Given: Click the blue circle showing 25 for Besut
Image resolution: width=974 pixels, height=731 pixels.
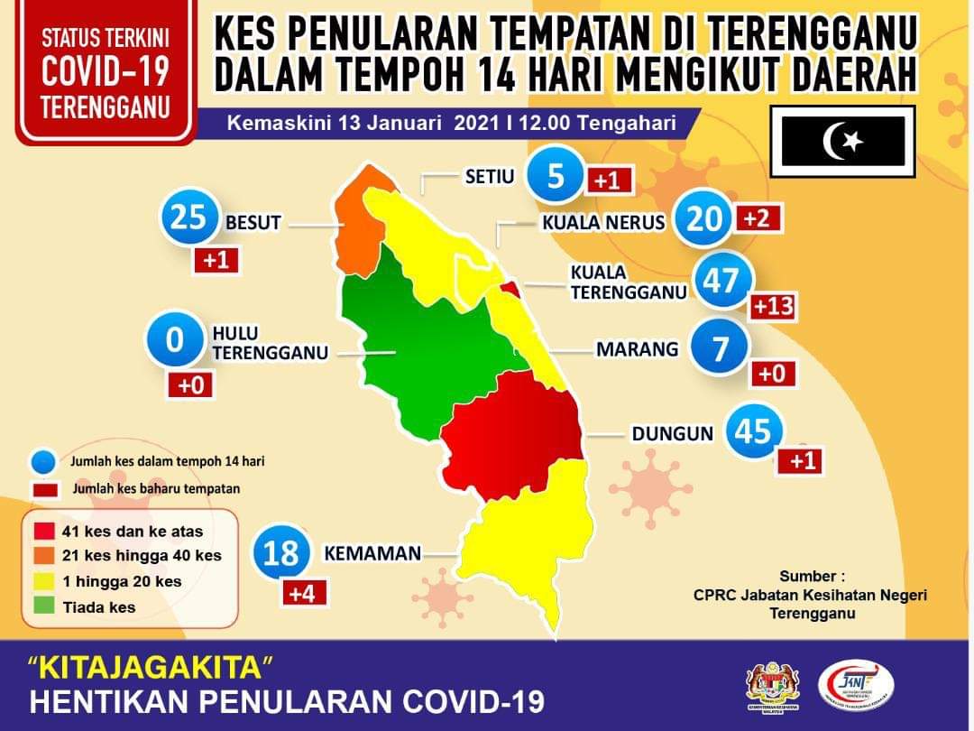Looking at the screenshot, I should (189, 219).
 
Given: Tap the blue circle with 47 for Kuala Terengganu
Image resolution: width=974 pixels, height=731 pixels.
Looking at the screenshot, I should (721, 282).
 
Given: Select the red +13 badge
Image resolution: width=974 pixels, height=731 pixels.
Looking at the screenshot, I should (773, 306).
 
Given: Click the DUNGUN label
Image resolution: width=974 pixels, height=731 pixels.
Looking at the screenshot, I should (672, 434).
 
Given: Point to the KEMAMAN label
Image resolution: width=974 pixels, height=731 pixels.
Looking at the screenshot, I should (372, 552).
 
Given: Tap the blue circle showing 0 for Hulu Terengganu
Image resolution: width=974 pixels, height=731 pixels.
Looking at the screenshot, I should (175, 341).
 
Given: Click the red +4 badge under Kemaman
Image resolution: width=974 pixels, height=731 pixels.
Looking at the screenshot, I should (304, 594).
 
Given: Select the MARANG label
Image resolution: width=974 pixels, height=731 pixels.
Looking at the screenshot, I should (637, 348).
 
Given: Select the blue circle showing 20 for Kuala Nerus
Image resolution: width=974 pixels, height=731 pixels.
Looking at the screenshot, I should (704, 218).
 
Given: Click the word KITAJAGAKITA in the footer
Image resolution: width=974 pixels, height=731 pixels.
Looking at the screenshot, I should (151, 669).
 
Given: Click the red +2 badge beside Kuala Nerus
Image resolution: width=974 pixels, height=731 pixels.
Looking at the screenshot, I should (758, 217).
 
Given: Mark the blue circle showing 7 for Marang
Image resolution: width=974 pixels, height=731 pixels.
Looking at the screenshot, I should (719, 349).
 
